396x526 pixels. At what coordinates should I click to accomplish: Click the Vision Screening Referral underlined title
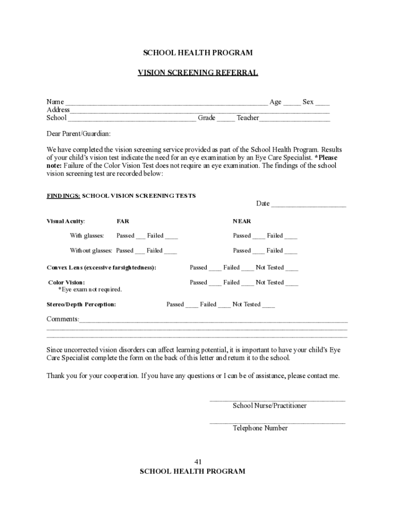[x=197, y=72]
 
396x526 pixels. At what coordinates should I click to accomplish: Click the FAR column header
[x=123, y=221]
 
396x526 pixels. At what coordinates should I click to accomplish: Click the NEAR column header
[x=242, y=221]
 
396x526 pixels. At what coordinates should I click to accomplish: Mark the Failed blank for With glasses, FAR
[x=172, y=237]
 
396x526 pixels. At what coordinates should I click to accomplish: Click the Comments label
[x=63, y=319]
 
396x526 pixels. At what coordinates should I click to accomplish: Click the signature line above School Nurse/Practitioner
[x=277, y=399]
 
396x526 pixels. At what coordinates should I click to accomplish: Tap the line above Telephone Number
[x=277, y=422]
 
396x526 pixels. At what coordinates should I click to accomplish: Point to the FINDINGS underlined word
[x=63, y=196]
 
